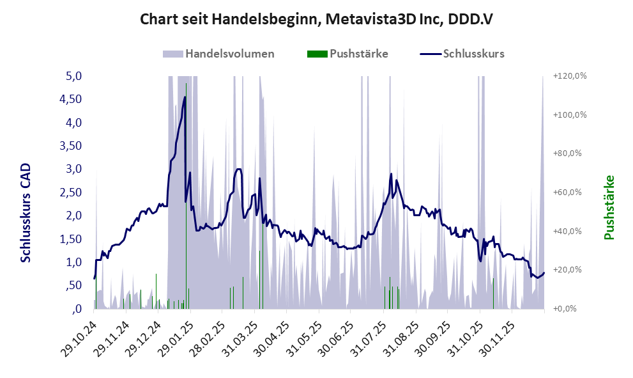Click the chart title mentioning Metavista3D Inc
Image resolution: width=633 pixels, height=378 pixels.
click(316, 20)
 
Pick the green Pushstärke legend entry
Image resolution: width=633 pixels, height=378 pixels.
click(348, 54)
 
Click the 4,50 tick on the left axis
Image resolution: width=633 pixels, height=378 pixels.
click(70, 99)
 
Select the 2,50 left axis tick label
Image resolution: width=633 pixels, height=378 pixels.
click(70, 192)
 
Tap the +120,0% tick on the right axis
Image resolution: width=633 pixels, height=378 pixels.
click(570, 76)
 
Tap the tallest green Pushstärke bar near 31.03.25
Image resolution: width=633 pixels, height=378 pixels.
click(259, 279)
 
